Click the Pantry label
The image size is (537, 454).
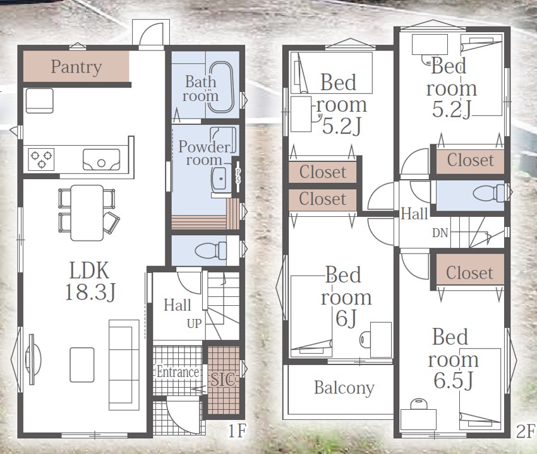point(76,67)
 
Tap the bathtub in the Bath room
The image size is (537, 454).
point(221,87)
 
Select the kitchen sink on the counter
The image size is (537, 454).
point(101,160)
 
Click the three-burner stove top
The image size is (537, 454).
point(41,160)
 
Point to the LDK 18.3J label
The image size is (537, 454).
point(90,281)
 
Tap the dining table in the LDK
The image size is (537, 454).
point(87,212)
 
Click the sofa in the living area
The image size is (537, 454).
point(124,364)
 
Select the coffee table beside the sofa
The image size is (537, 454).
point(82,364)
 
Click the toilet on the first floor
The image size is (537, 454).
point(210,250)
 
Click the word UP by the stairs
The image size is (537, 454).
point(194,323)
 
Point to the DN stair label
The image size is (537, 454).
point(440,233)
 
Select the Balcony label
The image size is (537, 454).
point(344,388)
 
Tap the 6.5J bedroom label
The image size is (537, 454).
point(453,359)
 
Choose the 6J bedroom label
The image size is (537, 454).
point(346,297)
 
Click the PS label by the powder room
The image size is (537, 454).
point(238,175)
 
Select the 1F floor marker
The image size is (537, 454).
point(237,431)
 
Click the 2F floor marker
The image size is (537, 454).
point(525,431)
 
